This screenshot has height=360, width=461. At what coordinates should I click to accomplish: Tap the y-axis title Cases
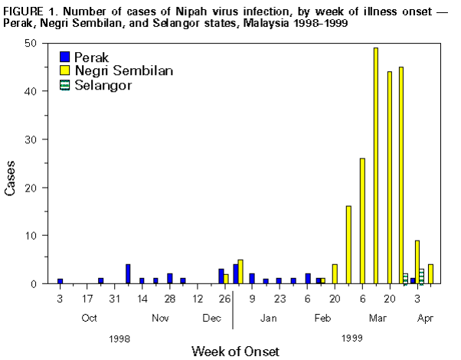click(11, 178)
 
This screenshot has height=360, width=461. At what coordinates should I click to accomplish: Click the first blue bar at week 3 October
click(60, 281)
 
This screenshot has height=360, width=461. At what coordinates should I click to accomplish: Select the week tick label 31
click(115, 299)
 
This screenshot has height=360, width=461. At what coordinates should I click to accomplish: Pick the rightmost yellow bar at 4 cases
click(431, 273)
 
